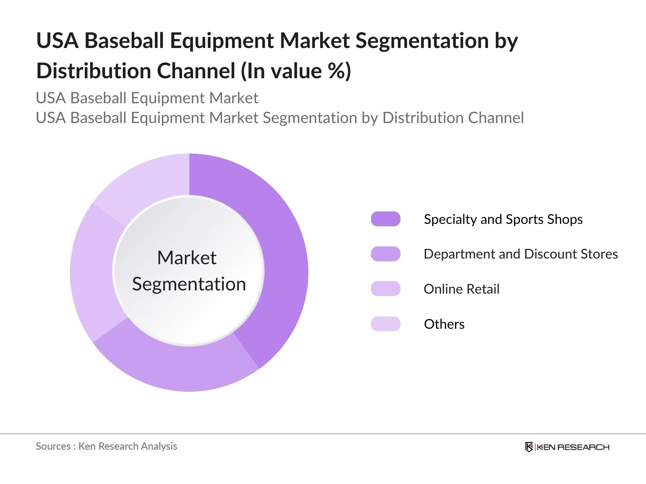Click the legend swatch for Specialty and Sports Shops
click(x=386, y=219)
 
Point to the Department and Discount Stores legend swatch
click(x=386, y=254)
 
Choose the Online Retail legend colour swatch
click(x=386, y=289)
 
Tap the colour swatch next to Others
click(x=386, y=324)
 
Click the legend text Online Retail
click(x=461, y=289)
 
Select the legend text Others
click(x=444, y=324)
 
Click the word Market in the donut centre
click(x=187, y=258)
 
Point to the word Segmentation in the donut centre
click(x=189, y=284)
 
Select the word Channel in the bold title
click(x=196, y=71)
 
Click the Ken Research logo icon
click(x=529, y=447)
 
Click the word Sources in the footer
click(x=53, y=446)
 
